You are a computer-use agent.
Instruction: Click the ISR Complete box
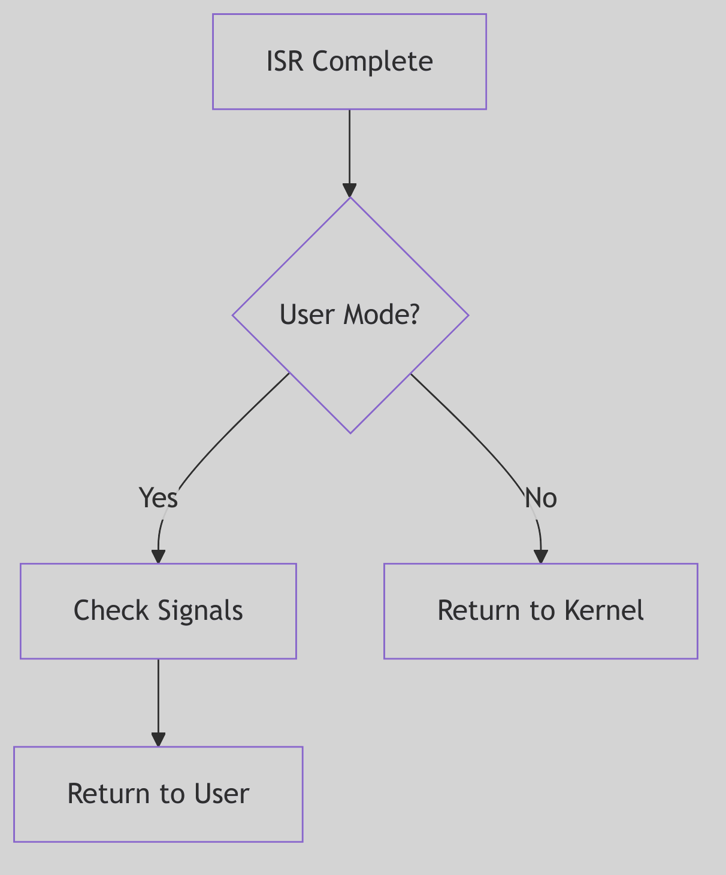point(349,62)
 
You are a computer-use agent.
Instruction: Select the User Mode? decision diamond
point(350,315)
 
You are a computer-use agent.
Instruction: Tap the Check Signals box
point(158,611)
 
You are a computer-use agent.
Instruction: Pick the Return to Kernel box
point(540,611)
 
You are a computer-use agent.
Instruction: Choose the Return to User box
point(158,794)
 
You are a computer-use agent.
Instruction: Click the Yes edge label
point(158,498)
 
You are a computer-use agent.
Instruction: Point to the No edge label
point(541,498)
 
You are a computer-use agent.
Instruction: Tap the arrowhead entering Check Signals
point(158,556)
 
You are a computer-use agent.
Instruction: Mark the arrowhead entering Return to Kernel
point(541,556)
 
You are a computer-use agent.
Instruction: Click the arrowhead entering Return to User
point(158,740)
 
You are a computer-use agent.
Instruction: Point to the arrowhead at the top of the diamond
point(350,190)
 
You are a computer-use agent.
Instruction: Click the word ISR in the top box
point(286,62)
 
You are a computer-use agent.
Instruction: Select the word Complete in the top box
point(373,62)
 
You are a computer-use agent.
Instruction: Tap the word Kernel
point(604,611)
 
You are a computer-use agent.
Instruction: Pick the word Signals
point(201,611)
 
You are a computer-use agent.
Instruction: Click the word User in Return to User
point(221,794)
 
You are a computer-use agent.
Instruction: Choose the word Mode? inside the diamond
point(381,315)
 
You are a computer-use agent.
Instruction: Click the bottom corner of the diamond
point(350,432)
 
